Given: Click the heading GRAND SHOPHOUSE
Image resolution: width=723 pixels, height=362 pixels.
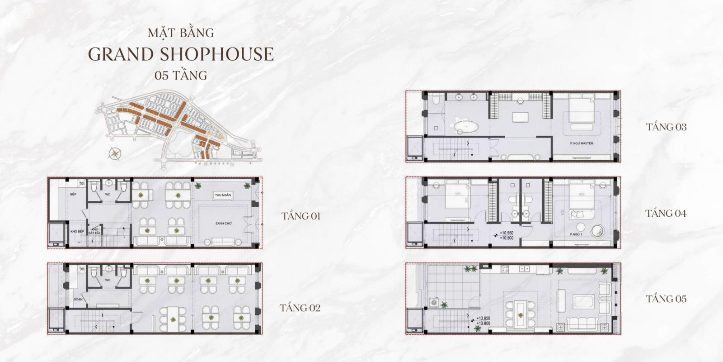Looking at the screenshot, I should pos(181,54).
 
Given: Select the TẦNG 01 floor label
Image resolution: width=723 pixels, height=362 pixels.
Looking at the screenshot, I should pos(300,216).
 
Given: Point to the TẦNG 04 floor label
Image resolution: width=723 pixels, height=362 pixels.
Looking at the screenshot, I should pos(666,213).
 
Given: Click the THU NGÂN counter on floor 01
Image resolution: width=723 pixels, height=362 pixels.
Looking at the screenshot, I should pos(223,195).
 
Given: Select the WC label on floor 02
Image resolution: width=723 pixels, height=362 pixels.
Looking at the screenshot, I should pos(108,280).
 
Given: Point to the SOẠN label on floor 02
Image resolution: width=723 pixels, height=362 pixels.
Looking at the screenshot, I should pos(77,300).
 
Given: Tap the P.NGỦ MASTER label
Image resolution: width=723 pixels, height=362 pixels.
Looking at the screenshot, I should pos(582,143).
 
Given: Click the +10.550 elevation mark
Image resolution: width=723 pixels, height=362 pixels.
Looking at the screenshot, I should pos(510,234).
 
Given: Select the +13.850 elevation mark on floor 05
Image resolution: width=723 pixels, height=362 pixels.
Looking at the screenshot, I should pos(484,318).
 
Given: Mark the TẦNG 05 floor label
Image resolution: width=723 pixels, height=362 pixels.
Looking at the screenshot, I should pos(666,299).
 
